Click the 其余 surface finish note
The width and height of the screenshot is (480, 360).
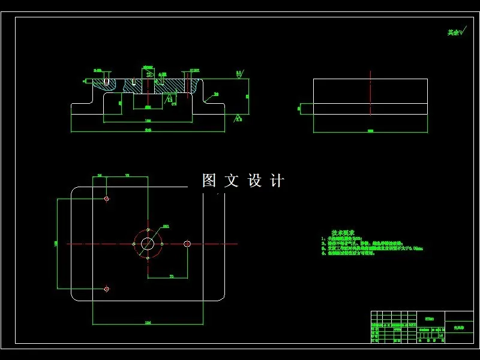(456, 32)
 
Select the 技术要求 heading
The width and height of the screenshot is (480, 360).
(343, 232)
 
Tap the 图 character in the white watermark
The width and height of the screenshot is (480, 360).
(209, 181)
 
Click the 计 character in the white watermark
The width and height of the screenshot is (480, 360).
(277, 181)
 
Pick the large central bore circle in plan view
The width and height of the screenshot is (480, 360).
(148, 244)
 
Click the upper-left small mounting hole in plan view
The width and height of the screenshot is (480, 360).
(106, 199)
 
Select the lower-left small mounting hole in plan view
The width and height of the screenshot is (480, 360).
(106, 289)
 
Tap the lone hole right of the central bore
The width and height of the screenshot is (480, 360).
(187, 244)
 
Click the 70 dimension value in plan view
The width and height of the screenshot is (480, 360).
(170, 276)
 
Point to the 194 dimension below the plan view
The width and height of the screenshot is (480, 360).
(148, 323)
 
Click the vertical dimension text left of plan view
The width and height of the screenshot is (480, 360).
(55, 243)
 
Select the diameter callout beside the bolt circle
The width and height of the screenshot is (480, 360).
(166, 226)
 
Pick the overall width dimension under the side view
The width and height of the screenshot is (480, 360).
(370, 130)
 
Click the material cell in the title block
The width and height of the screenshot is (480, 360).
(428, 319)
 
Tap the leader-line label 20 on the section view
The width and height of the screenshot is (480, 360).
(215, 94)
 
